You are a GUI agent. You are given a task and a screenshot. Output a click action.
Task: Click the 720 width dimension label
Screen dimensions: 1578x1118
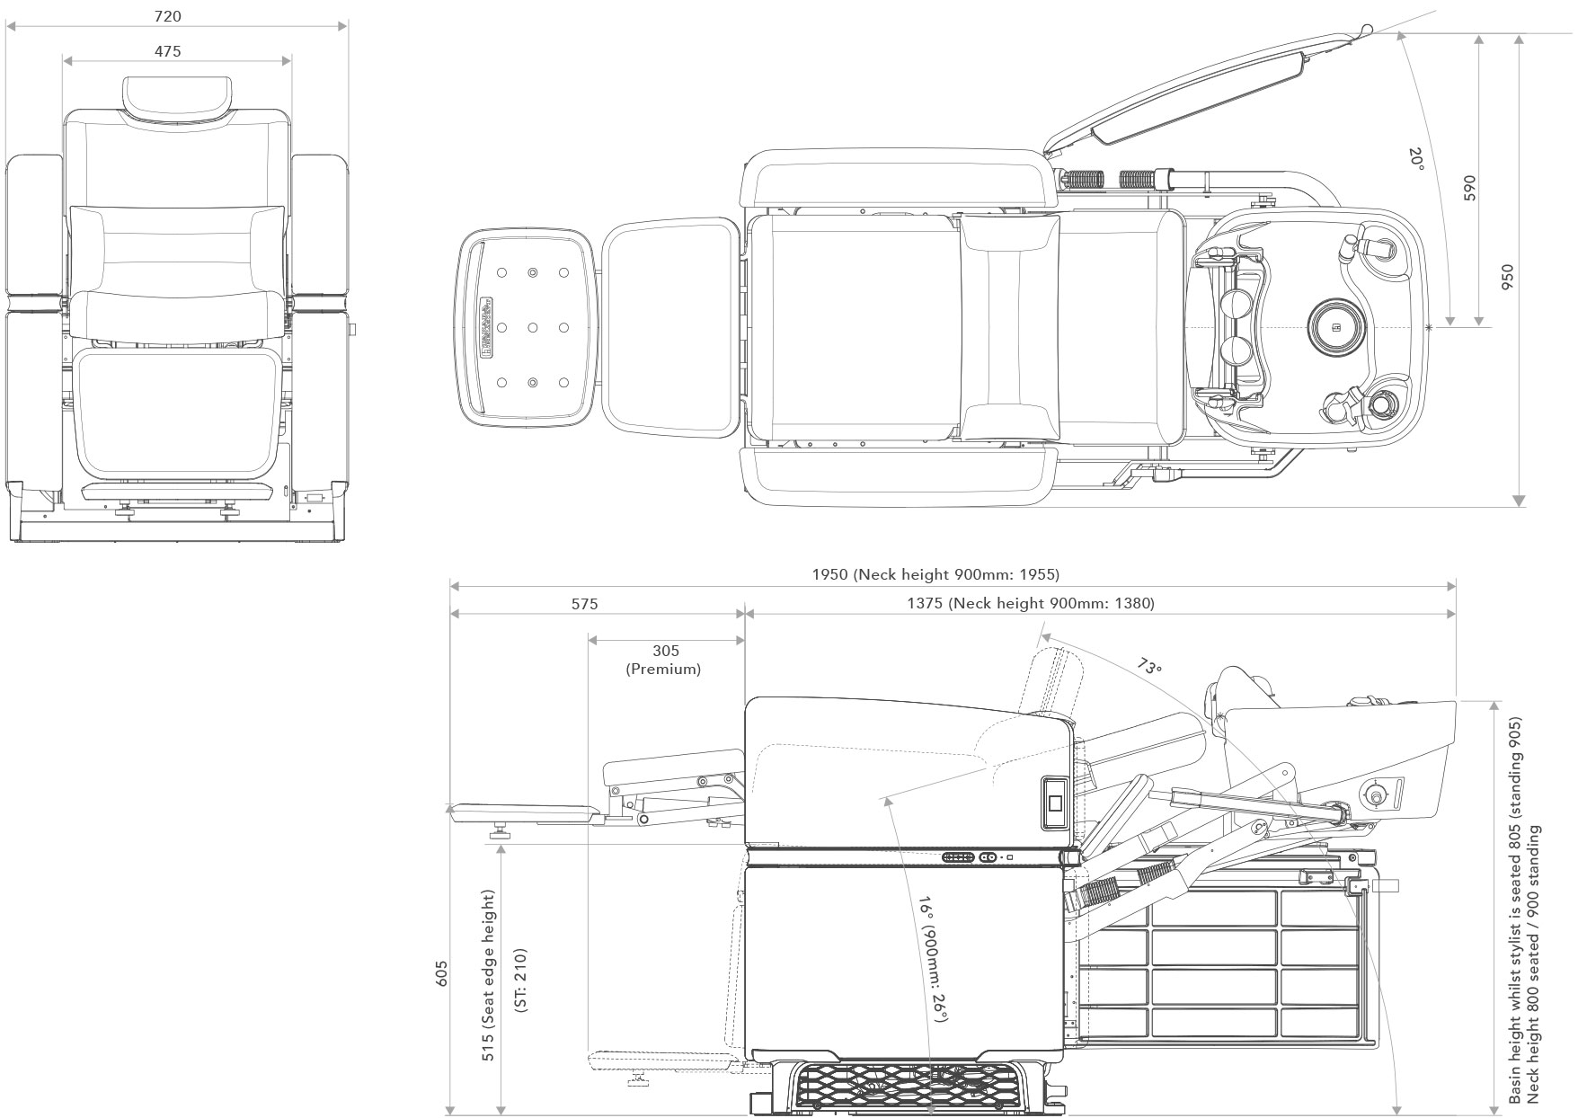(x=167, y=16)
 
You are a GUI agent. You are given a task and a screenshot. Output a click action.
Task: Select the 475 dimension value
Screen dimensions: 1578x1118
(x=167, y=51)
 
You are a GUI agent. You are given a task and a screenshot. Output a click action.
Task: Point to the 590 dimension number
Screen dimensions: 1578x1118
(x=1470, y=188)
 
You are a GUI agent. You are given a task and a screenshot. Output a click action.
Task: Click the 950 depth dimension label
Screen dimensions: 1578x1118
(x=1508, y=277)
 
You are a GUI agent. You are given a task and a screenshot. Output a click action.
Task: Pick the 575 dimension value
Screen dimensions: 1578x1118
(x=584, y=604)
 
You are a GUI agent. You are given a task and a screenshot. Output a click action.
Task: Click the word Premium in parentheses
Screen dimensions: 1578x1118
(x=663, y=669)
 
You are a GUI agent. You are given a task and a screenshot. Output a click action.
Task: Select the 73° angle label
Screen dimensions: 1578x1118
(x=1148, y=667)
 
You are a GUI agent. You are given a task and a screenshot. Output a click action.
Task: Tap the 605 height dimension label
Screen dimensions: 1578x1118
(x=441, y=972)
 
